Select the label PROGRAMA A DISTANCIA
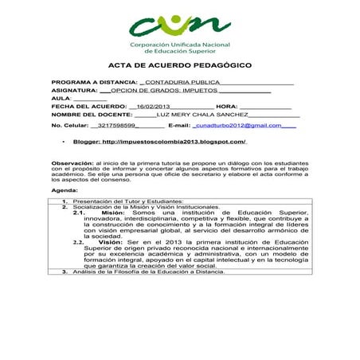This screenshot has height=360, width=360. coord(94,83)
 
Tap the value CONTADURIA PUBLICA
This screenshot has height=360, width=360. coord(181,83)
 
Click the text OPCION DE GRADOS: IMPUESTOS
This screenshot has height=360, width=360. coord(163,91)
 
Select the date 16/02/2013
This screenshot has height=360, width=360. coord(154,107)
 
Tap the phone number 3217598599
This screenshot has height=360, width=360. coord(121,126)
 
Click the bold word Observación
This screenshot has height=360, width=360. coord(72,162)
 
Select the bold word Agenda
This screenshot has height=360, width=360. coord(65,192)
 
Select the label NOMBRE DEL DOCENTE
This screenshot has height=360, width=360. coord(91,115)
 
